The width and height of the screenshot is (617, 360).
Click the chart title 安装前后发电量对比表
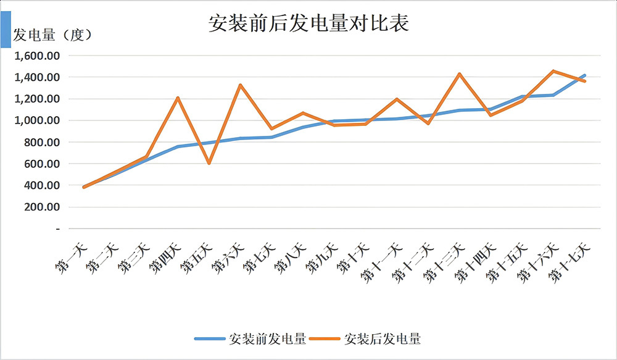(309, 24)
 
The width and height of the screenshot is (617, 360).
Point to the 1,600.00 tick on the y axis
(38, 56)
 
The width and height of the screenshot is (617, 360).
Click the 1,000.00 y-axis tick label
(38, 120)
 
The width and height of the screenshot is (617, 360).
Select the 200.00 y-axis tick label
(41, 207)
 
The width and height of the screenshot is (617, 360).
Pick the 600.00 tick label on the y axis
(41, 164)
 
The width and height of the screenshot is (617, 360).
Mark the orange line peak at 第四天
(178, 98)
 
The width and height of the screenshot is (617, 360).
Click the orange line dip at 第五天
(209, 163)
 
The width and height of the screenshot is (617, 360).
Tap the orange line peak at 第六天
(240, 85)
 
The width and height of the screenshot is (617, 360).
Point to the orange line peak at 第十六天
(553, 71)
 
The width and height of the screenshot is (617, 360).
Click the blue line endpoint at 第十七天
(584, 75)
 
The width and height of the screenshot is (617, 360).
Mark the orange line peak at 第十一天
(396, 99)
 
